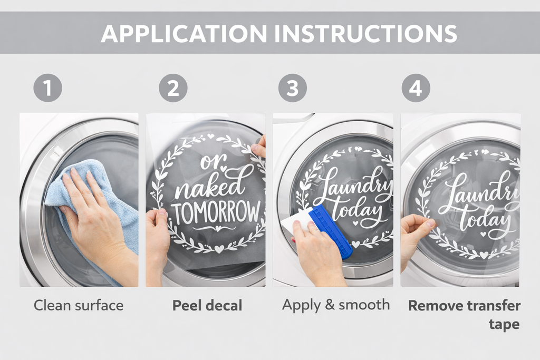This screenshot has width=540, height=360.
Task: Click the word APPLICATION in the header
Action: pos(183,34)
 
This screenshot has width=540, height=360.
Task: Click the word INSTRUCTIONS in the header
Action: pos(365,34)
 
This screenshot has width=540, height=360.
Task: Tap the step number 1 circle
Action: pos(48,89)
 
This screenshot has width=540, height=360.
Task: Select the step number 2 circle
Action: pos(173,89)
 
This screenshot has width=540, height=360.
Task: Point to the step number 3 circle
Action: pos(293,89)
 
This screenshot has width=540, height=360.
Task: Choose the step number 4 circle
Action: pos(416,89)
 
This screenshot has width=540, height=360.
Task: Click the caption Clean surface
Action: pos(79,305)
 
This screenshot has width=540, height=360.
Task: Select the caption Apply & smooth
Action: pos(336,305)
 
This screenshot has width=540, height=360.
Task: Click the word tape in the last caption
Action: pos(504,324)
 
